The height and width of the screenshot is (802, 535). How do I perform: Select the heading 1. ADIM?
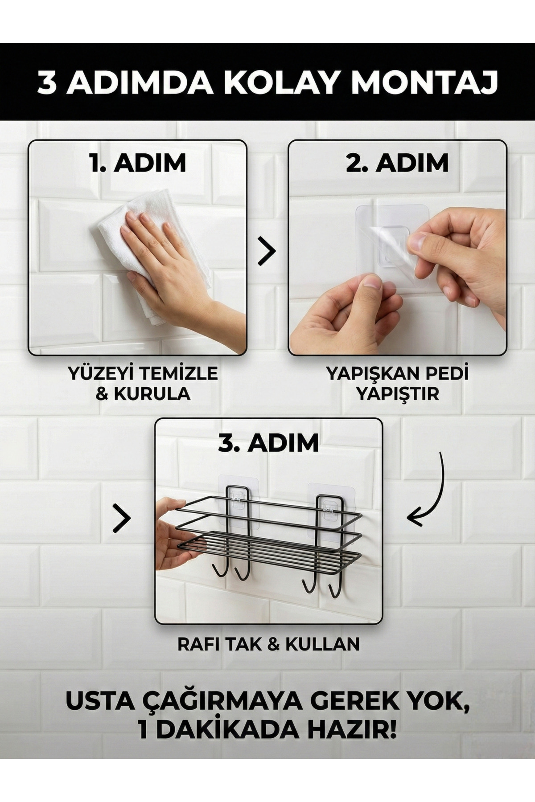[137, 163]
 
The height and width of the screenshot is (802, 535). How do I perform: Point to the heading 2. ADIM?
[397, 163]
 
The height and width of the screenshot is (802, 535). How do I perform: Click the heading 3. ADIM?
[268, 443]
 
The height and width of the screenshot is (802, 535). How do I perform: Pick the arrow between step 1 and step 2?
[267, 251]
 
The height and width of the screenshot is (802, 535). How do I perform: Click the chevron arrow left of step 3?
[121, 518]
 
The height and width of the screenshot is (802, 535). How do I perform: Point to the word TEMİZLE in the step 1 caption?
[174, 373]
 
